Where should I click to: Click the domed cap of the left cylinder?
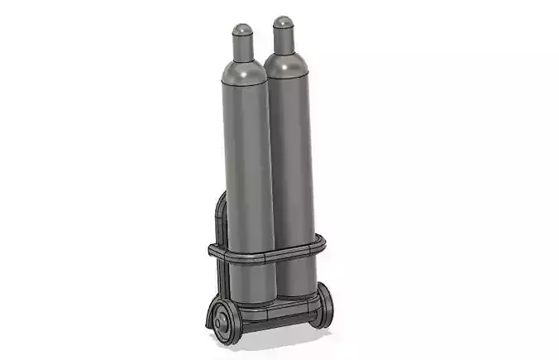241,31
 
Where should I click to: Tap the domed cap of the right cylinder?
284,23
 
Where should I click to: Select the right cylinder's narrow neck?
284,41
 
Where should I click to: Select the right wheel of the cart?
325,305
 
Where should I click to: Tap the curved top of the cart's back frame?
218,203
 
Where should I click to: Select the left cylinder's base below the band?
252,281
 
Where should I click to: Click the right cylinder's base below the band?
295,277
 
